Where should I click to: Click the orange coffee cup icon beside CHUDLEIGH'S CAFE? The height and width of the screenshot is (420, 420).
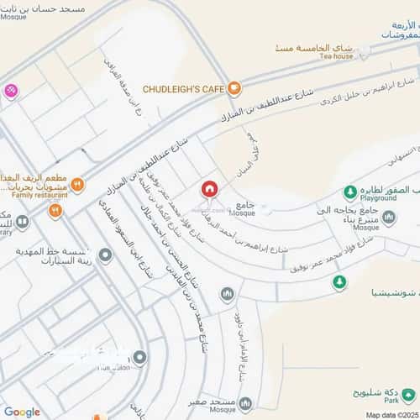[x=236, y=86]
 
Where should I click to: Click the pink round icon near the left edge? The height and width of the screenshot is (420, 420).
[x=10, y=91]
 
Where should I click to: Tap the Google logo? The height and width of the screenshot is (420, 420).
[x=22, y=412]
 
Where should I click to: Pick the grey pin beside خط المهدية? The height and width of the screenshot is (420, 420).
[x=105, y=255]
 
